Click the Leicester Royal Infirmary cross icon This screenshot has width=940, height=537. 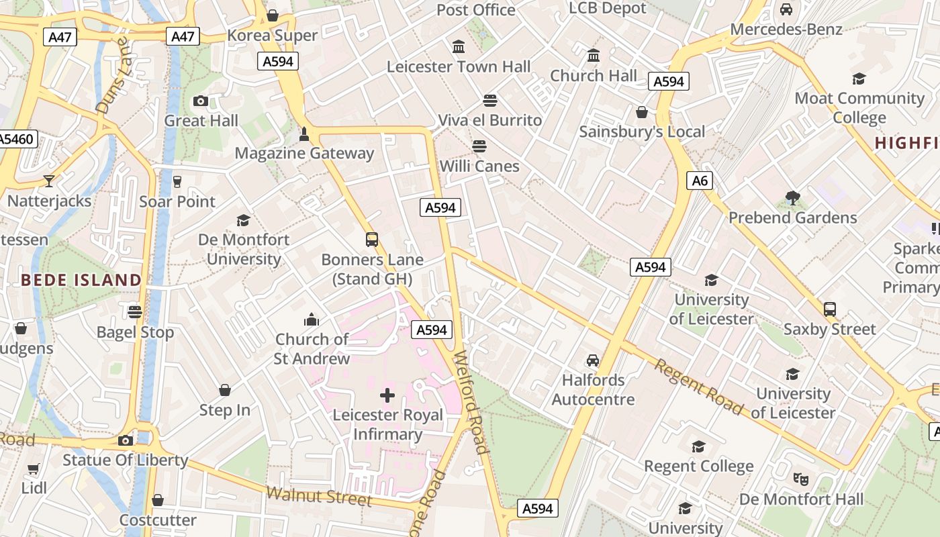point(387,395)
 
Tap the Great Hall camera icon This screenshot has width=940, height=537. point(200,101)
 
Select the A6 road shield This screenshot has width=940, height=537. point(700,181)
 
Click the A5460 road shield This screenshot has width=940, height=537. point(16,139)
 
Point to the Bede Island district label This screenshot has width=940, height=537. point(81,280)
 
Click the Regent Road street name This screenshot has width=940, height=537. point(699,387)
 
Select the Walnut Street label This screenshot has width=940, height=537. point(319,497)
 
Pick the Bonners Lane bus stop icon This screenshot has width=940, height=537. point(371,240)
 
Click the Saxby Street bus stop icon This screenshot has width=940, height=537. point(830,309)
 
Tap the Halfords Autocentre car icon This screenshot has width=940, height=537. point(592,360)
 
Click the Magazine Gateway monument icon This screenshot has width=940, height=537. point(304,134)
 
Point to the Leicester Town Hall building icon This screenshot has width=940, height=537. point(459,47)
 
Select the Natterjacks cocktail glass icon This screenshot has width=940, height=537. point(49,181)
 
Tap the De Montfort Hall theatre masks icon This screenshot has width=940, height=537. point(800,479)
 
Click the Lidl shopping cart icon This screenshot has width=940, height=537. point(34,469)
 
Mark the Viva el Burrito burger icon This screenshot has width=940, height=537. point(490,101)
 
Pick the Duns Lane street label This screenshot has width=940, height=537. point(112,75)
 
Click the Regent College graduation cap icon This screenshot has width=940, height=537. point(698,446)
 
